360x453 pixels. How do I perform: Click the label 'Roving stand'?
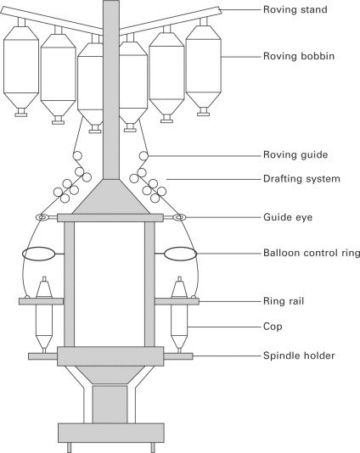[295, 9]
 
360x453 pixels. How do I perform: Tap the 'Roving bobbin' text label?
[299, 56]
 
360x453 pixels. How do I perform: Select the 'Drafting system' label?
[301, 179]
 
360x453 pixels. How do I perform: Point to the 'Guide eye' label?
[288, 217]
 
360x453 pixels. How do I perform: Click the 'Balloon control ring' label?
[312, 253]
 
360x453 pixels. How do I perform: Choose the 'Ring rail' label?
[284, 301]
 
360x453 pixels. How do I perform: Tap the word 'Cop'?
[273, 327]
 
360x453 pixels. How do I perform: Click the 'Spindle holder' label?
[299, 355]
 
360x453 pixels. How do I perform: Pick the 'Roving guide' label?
[295, 154]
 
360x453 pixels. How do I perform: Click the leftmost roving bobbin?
[21, 67]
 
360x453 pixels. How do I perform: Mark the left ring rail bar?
[41, 301]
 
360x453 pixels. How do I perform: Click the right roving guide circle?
[143, 156]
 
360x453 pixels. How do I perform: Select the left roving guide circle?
[77, 156]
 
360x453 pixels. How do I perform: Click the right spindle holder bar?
[178, 356]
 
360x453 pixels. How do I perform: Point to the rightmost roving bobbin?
[204, 66]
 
